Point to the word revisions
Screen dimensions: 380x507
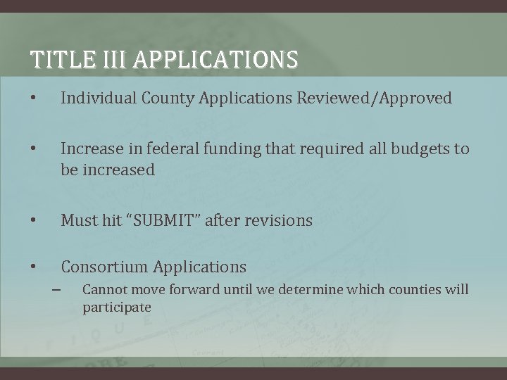(x=278, y=221)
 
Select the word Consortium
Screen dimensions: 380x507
(x=104, y=267)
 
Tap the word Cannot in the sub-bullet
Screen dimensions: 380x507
(x=104, y=290)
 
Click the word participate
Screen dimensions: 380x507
(x=117, y=308)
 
